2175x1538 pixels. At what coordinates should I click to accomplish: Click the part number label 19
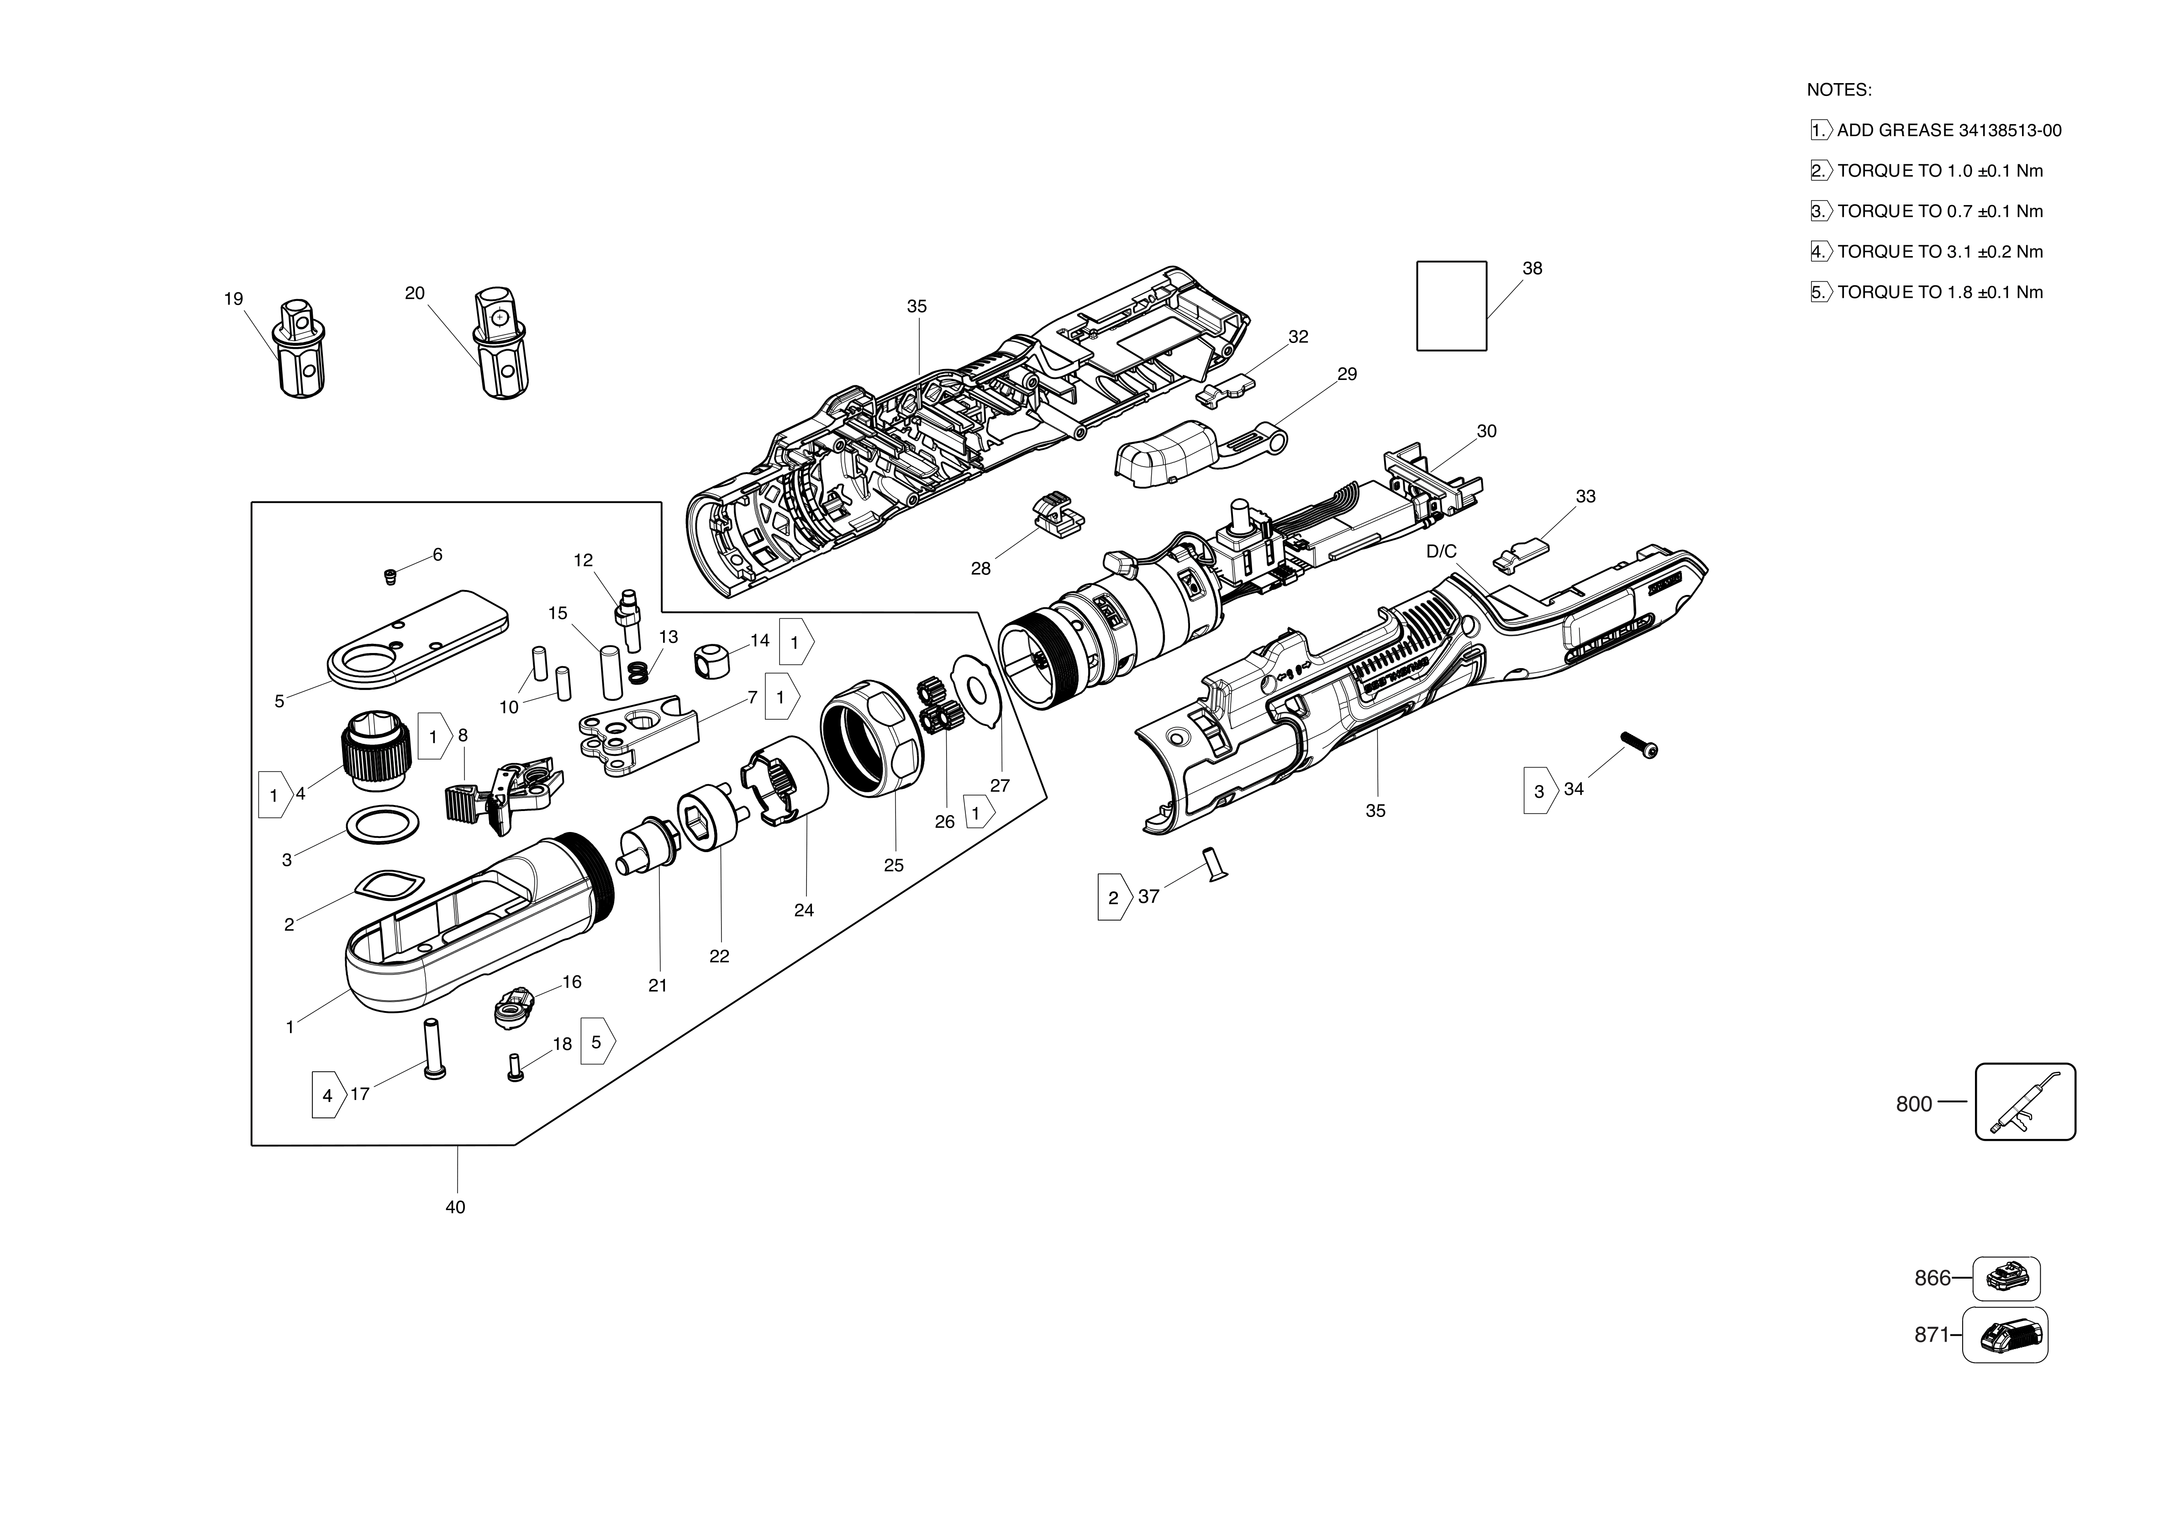233,299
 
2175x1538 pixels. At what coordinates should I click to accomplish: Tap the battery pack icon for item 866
2006,1279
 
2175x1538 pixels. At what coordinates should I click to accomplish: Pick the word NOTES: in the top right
1839,90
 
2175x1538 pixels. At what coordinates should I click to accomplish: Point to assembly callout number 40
456,1207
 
